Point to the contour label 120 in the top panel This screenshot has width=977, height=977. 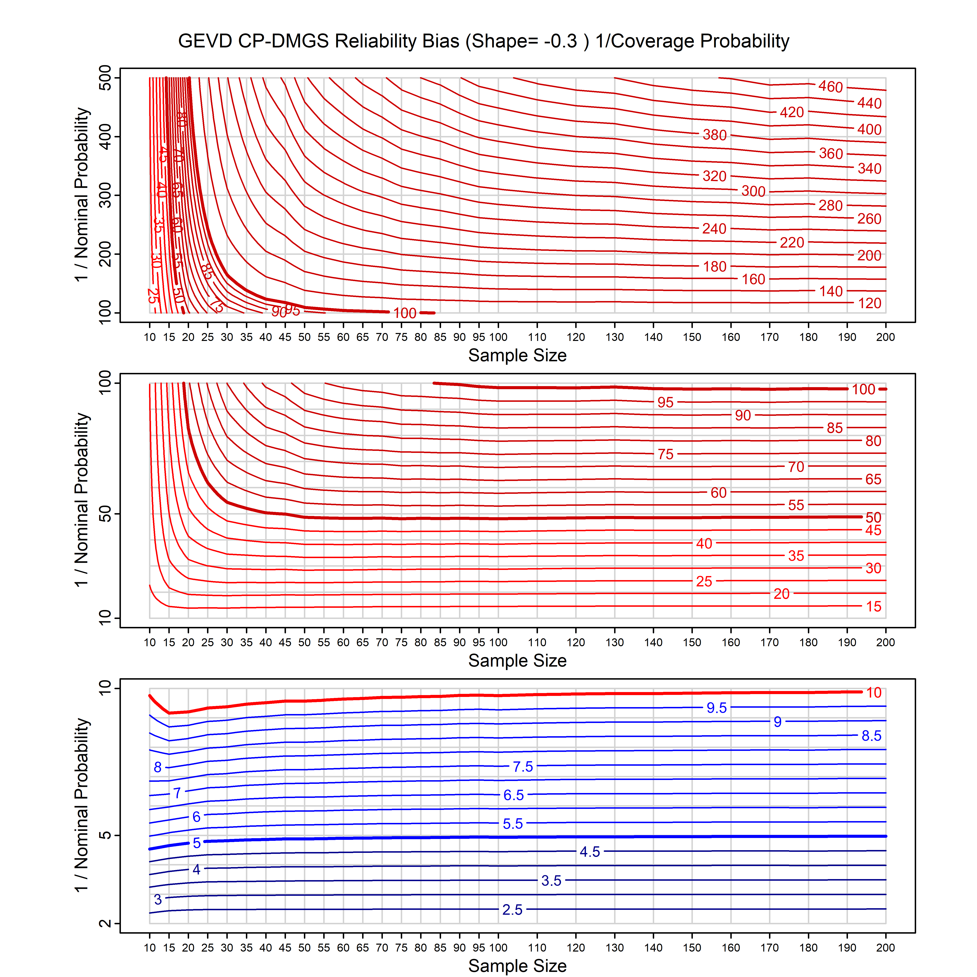point(869,303)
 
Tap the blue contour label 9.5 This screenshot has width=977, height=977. point(716,708)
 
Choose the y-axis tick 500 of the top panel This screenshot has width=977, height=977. point(105,78)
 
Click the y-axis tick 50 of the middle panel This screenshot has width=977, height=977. point(105,514)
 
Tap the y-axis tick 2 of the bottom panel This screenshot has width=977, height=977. point(105,923)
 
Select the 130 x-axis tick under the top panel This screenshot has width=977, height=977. point(614,337)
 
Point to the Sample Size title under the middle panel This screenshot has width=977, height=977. point(517,660)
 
